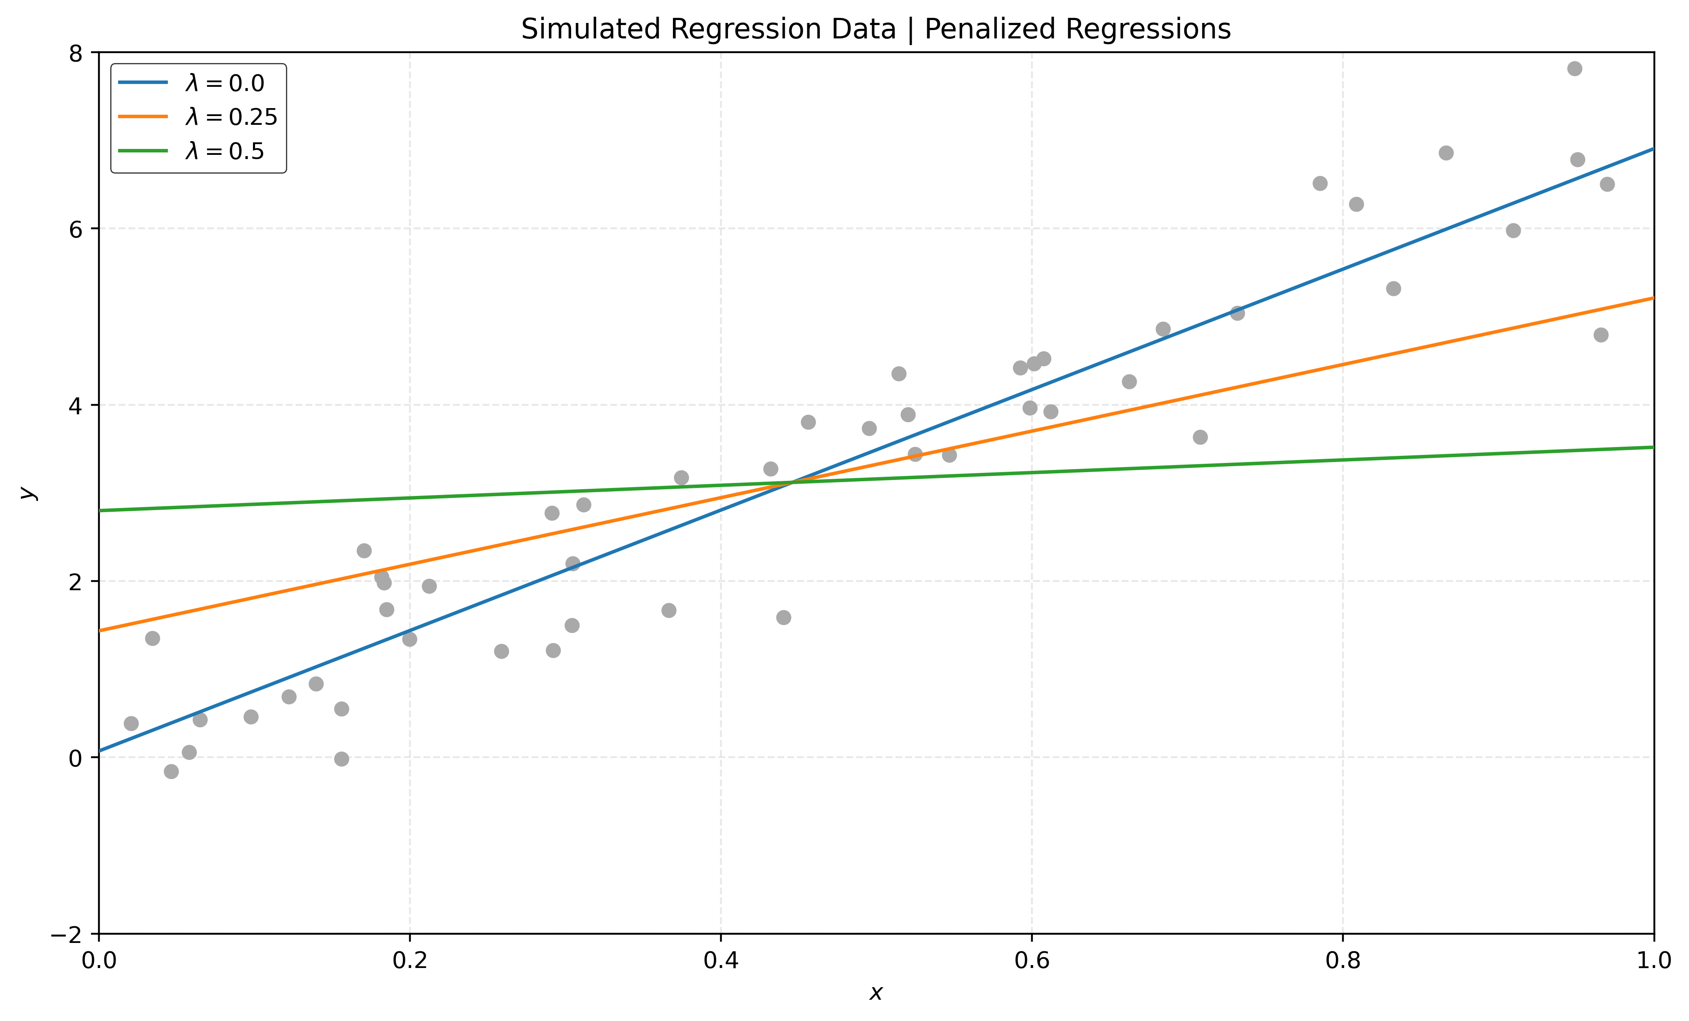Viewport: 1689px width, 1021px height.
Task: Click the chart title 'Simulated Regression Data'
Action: (x=708, y=30)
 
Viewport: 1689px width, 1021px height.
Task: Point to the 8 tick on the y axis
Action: (x=76, y=53)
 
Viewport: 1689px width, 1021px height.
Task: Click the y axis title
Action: (x=26, y=493)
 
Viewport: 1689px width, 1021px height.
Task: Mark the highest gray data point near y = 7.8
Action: (x=1575, y=68)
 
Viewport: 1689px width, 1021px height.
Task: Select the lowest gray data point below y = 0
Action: (x=172, y=771)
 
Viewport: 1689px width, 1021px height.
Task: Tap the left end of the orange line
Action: (x=101, y=630)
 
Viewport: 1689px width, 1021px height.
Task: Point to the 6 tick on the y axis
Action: (x=76, y=229)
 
